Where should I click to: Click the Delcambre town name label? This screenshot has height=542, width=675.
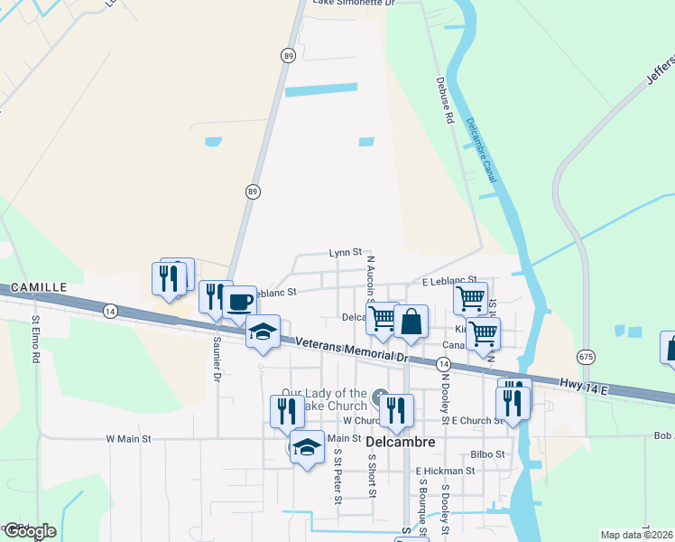[x=402, y=443]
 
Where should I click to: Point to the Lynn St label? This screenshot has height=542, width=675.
[x=345, y=253]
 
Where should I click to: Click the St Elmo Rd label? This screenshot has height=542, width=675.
[x=37, y=339]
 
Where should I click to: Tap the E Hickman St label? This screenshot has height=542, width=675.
[x=445, y=471]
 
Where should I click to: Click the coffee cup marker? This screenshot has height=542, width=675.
[x=239, y=303]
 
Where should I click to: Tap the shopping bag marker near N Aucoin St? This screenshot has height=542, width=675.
[x=411, y=322]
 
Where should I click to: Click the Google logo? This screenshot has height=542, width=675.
[x=29, y=532]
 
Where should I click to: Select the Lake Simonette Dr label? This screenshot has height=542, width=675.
[x=354, y=4]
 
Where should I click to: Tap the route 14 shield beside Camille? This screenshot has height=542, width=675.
[x=110, y=310]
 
